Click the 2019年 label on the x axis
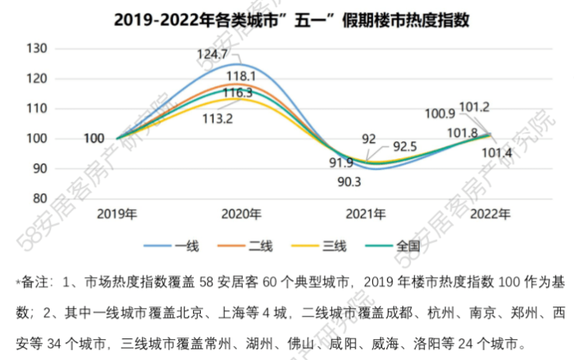(x=116, y=214)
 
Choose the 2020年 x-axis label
(x=241, y=214)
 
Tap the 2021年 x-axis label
(x=366, y=214)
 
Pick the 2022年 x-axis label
(x=491, y=214)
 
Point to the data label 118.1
(x=242, y=76)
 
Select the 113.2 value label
(x=218, y=119)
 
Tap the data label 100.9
(x=440, y=114)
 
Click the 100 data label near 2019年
(x=93, y=139)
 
